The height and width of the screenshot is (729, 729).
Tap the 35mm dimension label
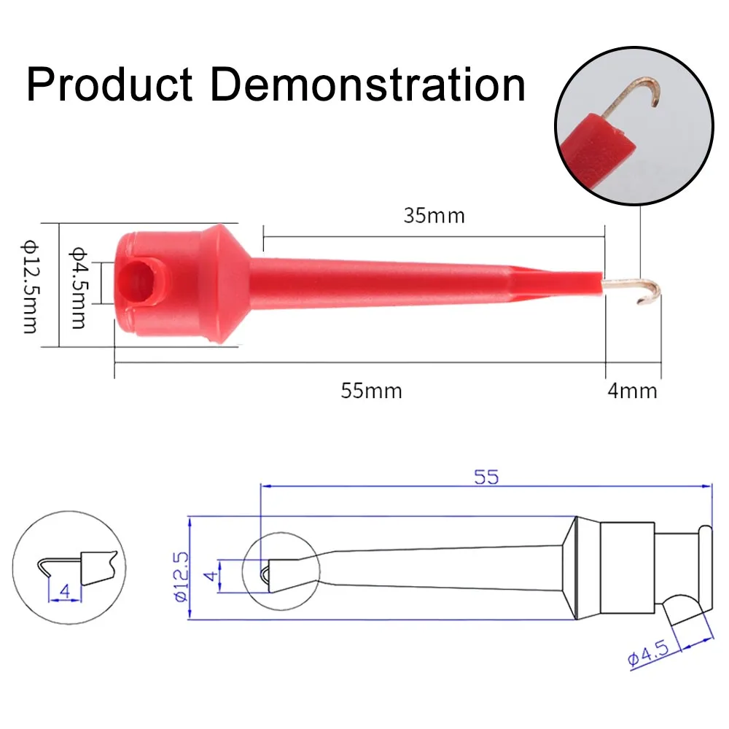click(x=434, y=216)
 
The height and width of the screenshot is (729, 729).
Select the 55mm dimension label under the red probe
click(x=372, y=391)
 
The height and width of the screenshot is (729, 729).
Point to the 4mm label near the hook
click(x=632, y=391)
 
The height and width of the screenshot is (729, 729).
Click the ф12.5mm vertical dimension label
click(x=30, y=286)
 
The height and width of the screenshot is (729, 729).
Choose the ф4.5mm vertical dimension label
click(x=78, y=287)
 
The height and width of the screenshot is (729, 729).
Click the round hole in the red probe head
click(x=136, y=283)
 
